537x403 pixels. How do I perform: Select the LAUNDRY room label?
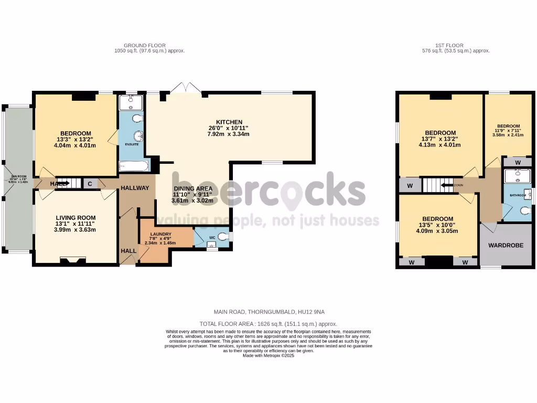coord(160,234)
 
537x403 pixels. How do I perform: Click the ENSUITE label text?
coord(132,143)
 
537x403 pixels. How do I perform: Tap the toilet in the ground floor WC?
coord(223,237)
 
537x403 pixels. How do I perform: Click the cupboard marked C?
coord(90,184)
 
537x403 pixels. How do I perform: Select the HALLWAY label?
coord(135,188)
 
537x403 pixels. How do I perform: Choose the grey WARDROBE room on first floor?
coord(506,245)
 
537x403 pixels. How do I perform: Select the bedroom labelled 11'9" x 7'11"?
coord(508,126)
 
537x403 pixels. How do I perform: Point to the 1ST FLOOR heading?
coord(456,45)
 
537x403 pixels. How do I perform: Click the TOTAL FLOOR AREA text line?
coord(268,324)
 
